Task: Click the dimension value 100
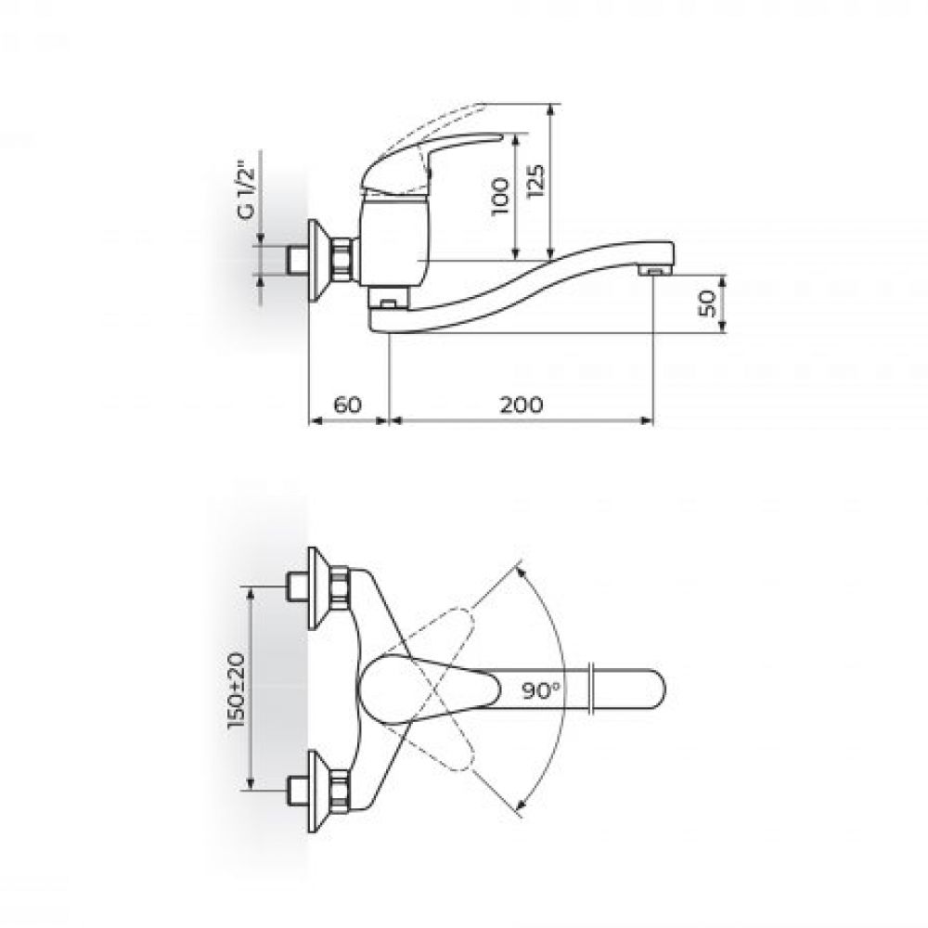point(501,196)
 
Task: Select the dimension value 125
point(535,179)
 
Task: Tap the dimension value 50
point(708,303)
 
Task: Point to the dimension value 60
point(347,405)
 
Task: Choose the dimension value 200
point(522,405)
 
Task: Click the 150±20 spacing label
point(237,690)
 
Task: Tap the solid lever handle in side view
point(426,160)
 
